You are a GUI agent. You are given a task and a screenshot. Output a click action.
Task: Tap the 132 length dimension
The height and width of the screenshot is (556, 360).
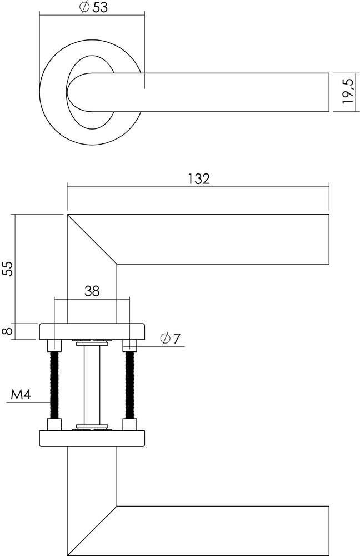[198, 178]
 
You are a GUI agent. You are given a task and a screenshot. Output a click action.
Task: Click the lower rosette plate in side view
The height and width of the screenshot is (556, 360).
[92, 439]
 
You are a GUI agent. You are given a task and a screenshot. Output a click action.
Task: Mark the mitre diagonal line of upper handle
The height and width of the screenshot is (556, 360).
[92, 239]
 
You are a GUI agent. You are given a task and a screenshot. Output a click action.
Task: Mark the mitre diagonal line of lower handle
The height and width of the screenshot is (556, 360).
[92, 530]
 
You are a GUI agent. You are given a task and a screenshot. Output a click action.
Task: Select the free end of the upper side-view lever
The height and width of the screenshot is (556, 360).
[329, 239]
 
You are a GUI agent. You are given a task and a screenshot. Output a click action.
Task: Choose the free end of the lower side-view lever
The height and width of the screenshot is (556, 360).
[329, 530]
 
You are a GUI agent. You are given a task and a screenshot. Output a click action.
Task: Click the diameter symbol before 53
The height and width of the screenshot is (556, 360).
[83, 7]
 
